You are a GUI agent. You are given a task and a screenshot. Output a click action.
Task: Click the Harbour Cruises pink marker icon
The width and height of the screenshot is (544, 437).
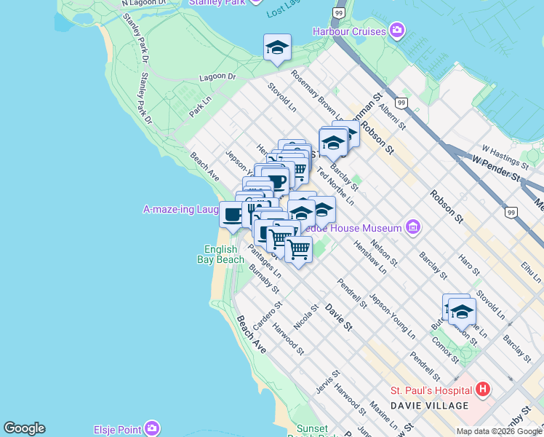click(x=397, y=31)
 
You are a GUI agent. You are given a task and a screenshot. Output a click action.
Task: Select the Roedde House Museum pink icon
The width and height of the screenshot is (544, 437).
click(x=413, y=228)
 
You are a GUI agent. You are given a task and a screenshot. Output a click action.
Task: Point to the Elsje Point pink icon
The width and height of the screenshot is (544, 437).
click(x=152, y=428)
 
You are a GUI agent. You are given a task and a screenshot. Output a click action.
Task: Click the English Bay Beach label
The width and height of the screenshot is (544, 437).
click(x=220, y=254)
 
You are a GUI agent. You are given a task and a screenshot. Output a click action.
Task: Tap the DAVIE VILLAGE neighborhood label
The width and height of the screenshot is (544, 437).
click(x=429, y=405)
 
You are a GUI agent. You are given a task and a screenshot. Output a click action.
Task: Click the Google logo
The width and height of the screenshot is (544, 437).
click(x=24, y=428)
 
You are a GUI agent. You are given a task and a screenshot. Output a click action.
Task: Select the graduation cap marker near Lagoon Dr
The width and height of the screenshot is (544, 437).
click(x=277, y=47)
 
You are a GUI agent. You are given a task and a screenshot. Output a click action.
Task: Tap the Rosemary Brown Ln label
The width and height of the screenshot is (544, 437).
click(x=319, y=95)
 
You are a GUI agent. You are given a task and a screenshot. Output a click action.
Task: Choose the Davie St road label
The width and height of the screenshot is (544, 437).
click(x=338, y=315)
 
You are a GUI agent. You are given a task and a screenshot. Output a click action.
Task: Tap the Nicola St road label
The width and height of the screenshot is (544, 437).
click(x=306, y=317)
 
